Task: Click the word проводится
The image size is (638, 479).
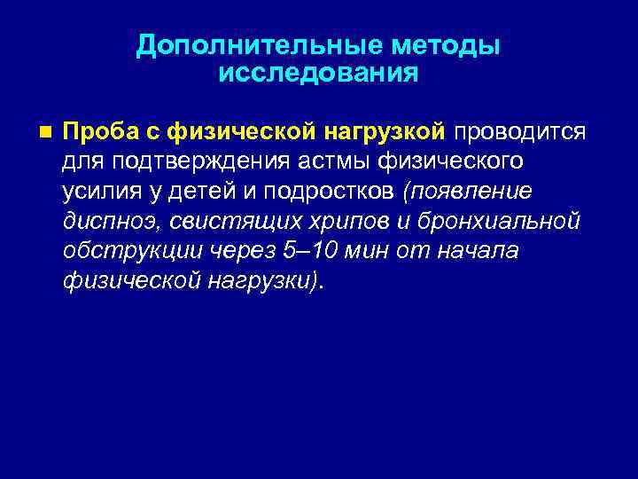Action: pos(520,132)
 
